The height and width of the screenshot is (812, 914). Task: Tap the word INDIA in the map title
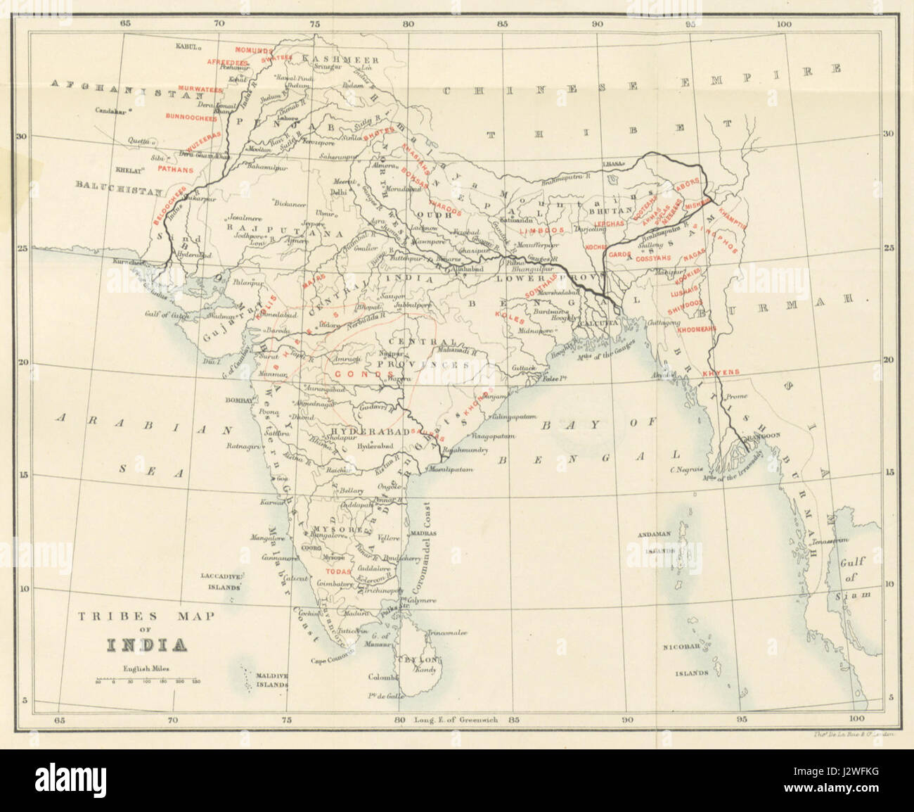[146, 644]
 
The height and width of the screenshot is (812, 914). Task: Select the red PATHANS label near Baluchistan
[176, 169]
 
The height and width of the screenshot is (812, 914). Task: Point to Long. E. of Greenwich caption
[457, 719]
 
